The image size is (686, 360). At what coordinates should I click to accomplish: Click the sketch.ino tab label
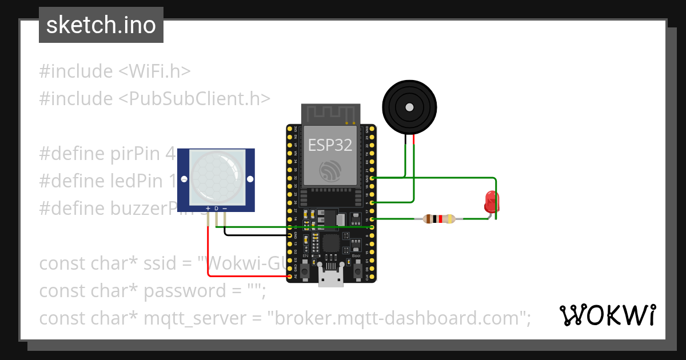click(x=101, y=25)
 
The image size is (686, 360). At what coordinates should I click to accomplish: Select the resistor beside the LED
click(x=438, y=218)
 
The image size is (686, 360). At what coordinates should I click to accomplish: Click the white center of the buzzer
click(x=409, y=107)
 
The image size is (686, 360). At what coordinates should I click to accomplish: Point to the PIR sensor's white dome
click(x=216, y=175)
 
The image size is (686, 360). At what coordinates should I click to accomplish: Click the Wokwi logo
click(x=607, y=315)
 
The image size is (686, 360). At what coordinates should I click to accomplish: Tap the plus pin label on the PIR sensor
click(x=208, y=208)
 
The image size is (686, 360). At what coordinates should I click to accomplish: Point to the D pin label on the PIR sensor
click(x=216, y=208)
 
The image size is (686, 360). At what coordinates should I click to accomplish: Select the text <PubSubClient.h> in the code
click(x=194, y=99)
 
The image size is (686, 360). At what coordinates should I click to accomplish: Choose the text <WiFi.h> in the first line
click(x=154, y=71)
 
